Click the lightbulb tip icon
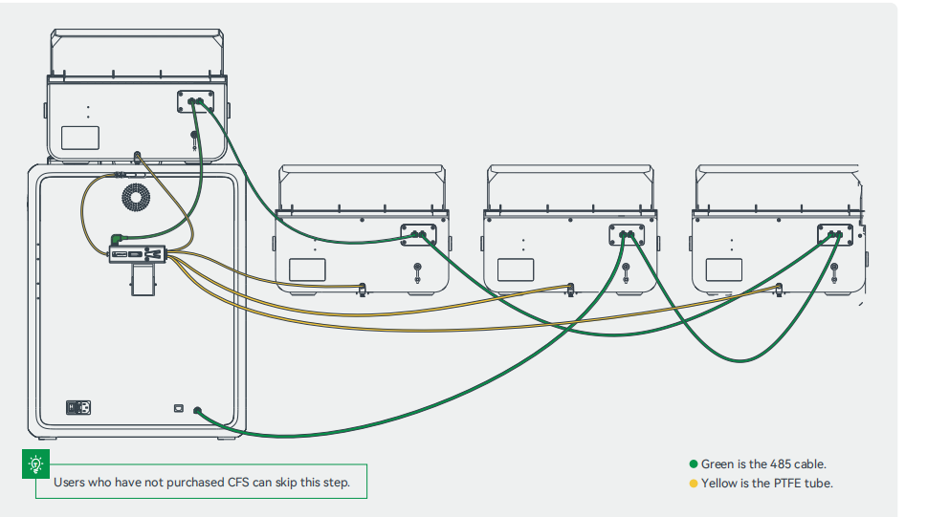36,464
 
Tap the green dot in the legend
694,464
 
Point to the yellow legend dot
694,484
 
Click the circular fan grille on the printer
136,199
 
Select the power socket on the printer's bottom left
78,408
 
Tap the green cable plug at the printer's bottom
198,412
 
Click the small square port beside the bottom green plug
178,408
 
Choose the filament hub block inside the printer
140,254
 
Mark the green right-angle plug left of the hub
117,240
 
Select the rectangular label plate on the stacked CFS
80,137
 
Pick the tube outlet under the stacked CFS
138,156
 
